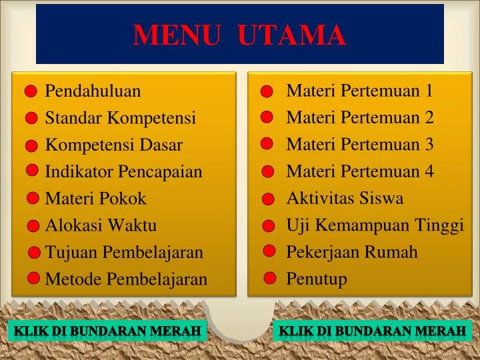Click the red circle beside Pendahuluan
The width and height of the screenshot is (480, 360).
32,92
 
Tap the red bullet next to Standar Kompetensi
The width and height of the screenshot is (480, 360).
32,118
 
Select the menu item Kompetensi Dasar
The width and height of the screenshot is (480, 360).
113,145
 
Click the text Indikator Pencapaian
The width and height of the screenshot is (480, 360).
123,172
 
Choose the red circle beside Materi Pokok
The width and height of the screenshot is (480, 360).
33,198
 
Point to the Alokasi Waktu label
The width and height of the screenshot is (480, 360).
101,225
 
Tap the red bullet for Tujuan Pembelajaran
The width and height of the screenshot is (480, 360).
35,253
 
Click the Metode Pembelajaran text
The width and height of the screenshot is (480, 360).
126,279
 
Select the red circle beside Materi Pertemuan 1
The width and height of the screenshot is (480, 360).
267,91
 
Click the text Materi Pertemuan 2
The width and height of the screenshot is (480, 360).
360,118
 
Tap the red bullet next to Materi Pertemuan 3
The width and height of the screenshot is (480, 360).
267,143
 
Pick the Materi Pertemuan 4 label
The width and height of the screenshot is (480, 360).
360,171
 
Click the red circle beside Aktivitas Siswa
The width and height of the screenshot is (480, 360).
268,199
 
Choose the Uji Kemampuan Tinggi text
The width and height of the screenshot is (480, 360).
375,225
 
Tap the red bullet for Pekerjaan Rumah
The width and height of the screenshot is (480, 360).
269,251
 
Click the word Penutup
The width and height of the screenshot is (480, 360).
317,279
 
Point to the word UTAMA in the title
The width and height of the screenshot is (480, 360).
292,35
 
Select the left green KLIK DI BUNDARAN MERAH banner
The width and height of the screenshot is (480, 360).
107,331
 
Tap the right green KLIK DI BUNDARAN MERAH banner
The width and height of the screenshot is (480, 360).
372,331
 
